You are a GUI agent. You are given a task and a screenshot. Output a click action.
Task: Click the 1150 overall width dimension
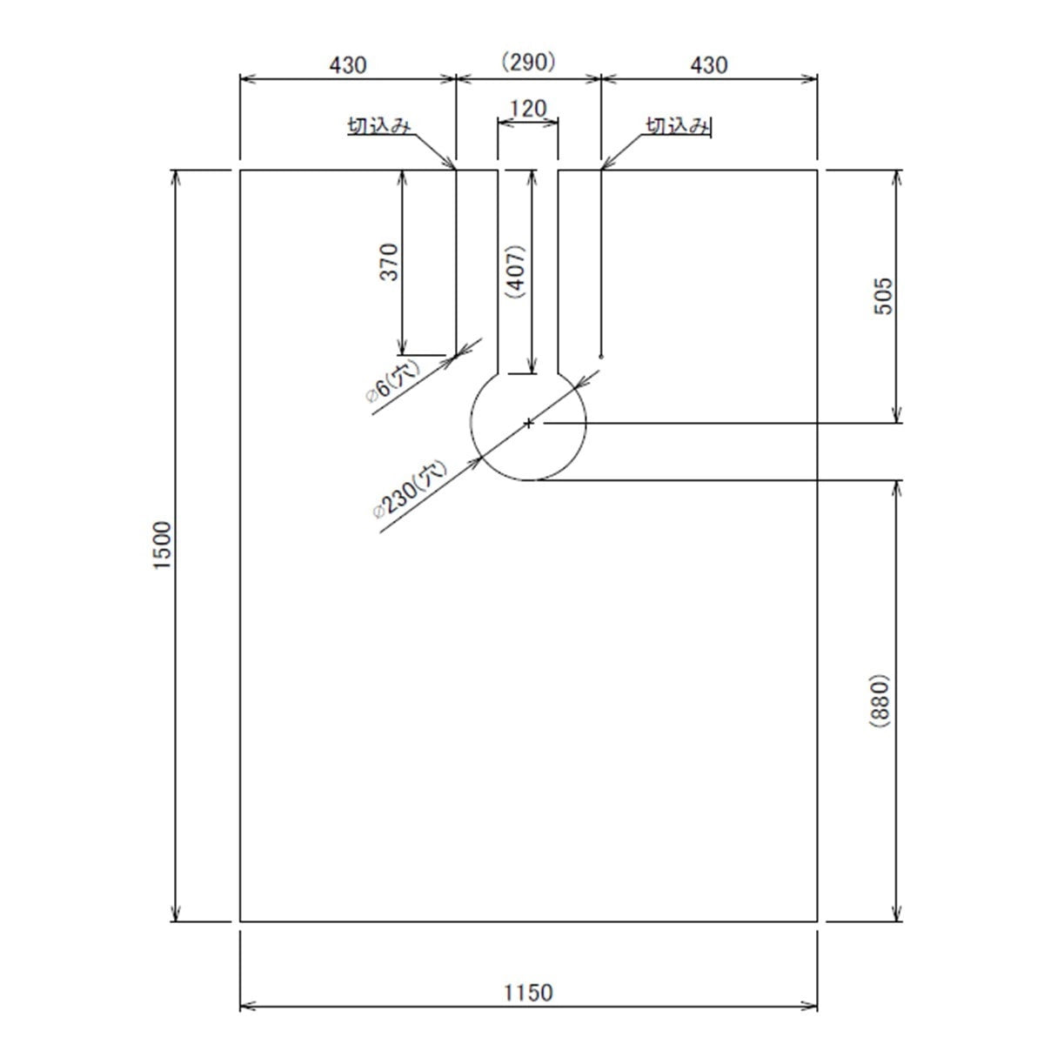(x=528, y=993)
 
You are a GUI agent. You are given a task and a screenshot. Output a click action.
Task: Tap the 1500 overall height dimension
(x=163, y=545)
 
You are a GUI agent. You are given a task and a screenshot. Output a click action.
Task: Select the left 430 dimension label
(x=348, y=65)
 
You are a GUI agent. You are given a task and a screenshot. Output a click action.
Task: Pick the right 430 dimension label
(x=709, y=65)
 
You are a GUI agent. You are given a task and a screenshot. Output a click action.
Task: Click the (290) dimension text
(x=528, y=63)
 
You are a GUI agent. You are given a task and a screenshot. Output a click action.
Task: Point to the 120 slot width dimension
(x=528, y=109)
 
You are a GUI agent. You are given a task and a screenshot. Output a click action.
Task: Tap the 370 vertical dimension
(x=389, y=262)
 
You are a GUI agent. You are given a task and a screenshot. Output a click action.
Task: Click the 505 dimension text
(x=883, y=297)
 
